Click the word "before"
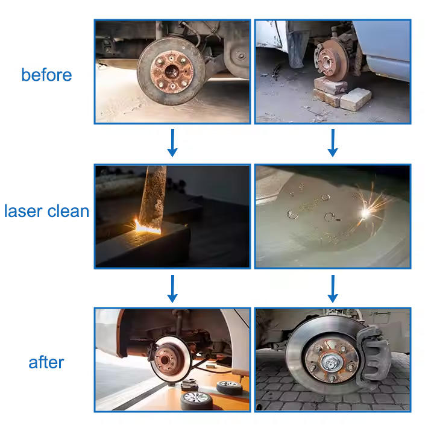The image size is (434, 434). pyautogui.click(x=46, y=75)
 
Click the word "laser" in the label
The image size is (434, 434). pyautogui.click(x=24, y=211)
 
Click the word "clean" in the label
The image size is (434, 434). pyautogui.click(x=68, y=211)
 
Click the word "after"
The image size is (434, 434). pyautogui.click(x=46, y=362)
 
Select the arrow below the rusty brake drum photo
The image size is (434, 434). pyautogui.click(x=172, y=143)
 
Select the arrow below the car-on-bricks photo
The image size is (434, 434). pyautogui.click(x=333, y=143)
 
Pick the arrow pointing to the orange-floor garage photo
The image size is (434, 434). pyautogui.click(x=172, y=289)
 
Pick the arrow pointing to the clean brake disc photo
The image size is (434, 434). pyautogui.click(x=333, y=289)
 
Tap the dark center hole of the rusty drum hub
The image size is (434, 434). pyautogui.click(x=171, y=72)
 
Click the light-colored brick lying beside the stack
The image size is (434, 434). pyautogui.click(x=356, y=99)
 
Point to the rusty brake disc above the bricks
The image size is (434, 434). pyautogui.click(x=332, y=60)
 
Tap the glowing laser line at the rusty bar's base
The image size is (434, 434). pyautogui.click(x=147, y=227)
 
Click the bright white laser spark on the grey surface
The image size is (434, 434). pyautogui.click(x=365, y=213)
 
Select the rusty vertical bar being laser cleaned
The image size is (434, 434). pyautogui.click(x=153, y=197)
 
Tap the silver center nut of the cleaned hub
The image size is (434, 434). pyautogui.click(x=330, y=362)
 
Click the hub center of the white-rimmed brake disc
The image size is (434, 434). pyautogui.click(x=165, y=360)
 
